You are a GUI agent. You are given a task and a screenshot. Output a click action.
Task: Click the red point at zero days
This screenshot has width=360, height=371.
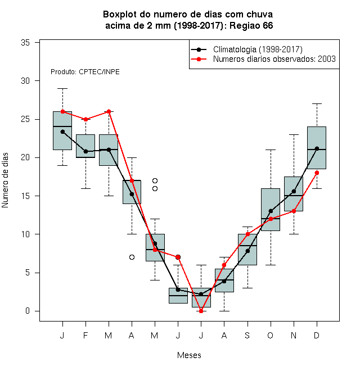pos(201,311)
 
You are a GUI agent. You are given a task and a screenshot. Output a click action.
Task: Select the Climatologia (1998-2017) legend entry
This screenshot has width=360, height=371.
pos(246,49)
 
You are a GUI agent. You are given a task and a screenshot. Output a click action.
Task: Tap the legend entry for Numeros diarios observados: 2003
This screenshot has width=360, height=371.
pos(263,59)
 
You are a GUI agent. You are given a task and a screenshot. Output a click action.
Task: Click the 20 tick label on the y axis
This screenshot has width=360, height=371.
pos(25,157)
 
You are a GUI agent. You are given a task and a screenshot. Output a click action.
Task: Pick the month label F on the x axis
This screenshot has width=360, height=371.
pos(85,335)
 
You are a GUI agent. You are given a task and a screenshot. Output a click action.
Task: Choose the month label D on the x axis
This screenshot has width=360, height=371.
pos(317,335)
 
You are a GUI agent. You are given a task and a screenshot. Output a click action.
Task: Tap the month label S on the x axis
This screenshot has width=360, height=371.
pos(247,335)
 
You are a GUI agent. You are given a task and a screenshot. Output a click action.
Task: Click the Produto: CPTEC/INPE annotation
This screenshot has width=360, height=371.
pos(85,72)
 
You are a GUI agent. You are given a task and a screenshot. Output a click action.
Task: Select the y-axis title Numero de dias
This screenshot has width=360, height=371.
pos(5,180)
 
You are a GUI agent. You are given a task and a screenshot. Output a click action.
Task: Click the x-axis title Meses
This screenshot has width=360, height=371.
pos(189,355)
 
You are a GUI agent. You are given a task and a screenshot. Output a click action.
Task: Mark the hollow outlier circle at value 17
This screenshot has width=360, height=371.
pos(155,181)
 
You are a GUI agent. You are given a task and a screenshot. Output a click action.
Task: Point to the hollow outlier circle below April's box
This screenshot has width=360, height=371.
pos(132,257)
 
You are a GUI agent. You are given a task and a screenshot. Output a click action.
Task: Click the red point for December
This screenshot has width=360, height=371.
pos(317,173)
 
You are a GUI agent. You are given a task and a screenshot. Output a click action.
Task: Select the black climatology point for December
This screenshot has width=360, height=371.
pos(317,148)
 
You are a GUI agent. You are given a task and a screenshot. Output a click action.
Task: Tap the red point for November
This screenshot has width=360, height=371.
pos(294,211)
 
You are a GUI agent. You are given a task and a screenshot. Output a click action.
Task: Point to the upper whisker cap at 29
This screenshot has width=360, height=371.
pos(62,88)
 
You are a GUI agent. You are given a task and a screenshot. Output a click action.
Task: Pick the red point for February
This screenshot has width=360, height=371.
pos(85,119)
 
